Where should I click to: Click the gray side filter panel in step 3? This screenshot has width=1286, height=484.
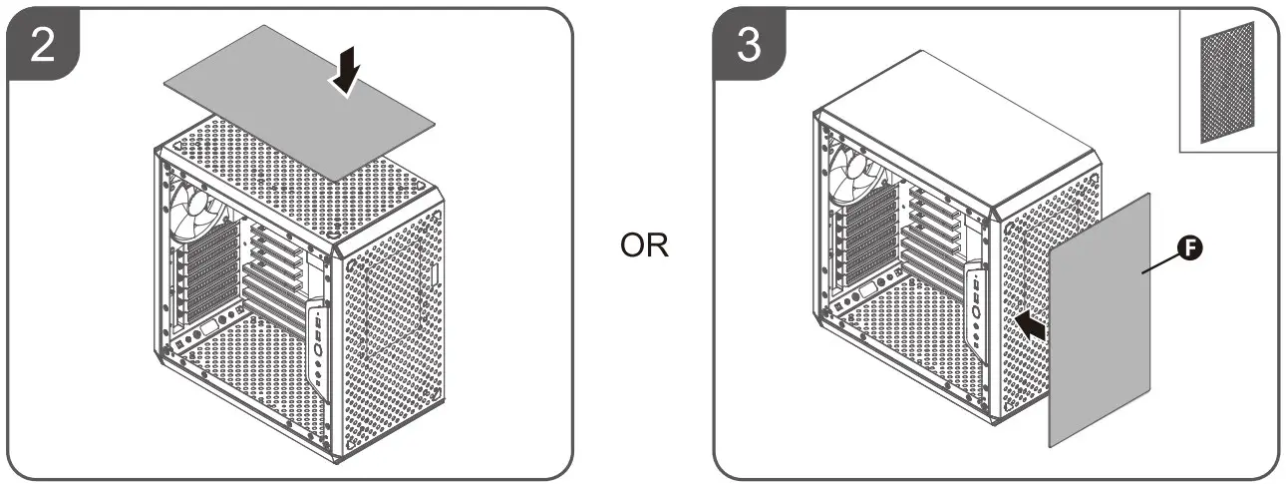1102,319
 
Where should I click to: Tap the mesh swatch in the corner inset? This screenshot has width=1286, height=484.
1228,84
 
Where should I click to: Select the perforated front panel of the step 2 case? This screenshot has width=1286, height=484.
394,329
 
